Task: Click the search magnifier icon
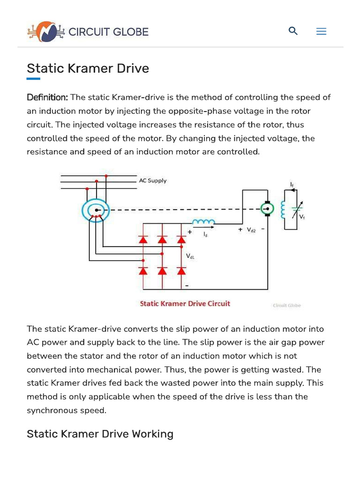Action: click(x=293, y=31)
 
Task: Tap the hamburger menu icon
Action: click(x=321, y=31)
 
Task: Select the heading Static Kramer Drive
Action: click(x=88, y=68)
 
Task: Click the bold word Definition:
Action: click(x=47, y=97)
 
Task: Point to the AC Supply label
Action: click(x=152, y=180)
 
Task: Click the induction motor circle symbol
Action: click(x=96, y=211)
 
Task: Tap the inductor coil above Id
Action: click(x=204, y=221)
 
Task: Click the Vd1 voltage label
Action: click(x=190, y=256)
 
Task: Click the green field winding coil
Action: click(x=283, y=210)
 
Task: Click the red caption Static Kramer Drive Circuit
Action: click(x=185, y=304)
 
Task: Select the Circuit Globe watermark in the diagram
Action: click(x=287, y=306)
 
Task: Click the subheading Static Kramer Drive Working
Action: click(x=100, y=434)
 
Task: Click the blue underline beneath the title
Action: click(x=33, y=79)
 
